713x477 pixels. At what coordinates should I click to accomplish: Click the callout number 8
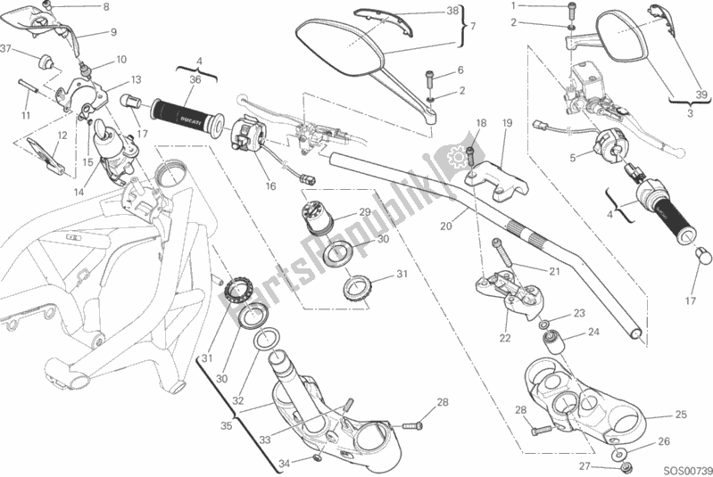105,7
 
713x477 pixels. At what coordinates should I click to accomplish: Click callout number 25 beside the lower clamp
681,415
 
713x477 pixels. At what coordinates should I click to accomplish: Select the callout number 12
62,135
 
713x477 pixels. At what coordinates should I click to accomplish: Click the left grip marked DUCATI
187,112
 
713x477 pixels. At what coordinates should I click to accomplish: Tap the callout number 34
284,463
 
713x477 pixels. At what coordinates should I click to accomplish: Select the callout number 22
504,337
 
